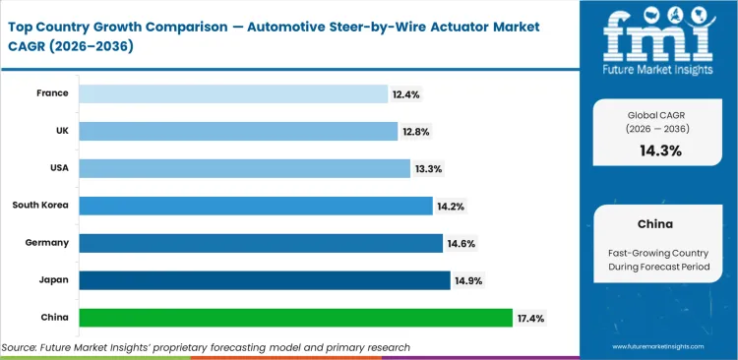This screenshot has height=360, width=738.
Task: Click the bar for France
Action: [233, 93]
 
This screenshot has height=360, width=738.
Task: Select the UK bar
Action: [239, 131]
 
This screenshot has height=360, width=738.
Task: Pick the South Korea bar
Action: [256, 206]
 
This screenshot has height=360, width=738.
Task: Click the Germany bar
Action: [261, 243]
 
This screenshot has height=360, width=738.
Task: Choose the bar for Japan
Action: [265, 280]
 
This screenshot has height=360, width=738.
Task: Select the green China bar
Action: [296, 318]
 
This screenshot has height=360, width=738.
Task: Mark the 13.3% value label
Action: [428, 168]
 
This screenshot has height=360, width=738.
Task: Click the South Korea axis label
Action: [40, 206]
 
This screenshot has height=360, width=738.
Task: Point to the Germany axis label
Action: [47, 243]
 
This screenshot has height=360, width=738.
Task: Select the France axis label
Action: [52, 93]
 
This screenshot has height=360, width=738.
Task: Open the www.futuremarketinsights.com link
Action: [657, 347]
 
